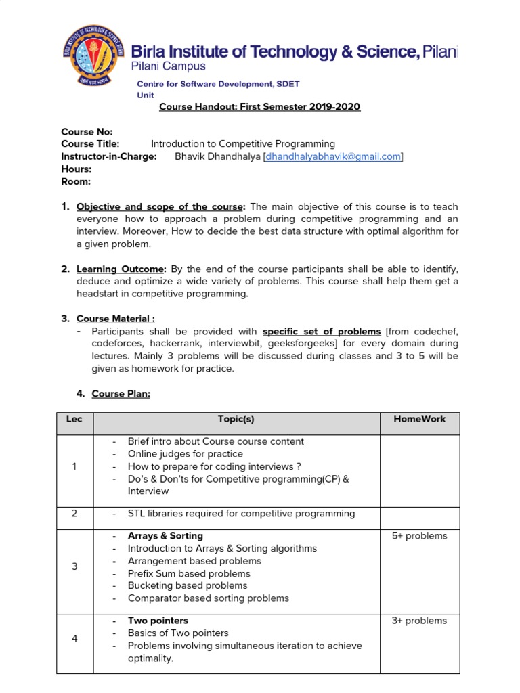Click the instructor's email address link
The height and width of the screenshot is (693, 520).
click(334, 156)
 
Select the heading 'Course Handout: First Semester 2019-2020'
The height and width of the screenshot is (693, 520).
click(259, 107)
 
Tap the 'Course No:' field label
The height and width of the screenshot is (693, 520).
click(87, 132)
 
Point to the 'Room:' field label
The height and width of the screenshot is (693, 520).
click(76, 181)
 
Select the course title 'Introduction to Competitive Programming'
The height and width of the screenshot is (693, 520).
click(242, 144)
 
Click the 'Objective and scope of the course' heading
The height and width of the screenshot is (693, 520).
click(160, 206)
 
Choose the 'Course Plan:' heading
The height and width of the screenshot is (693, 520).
click(121, 394)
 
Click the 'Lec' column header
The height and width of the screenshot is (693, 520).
click(74, 420)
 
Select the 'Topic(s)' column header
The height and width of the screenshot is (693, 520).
click(236, 420)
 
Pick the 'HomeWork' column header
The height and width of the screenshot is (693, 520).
click(419, 420)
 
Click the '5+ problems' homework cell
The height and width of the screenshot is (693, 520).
click(419, 536)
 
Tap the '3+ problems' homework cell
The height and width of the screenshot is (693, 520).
click(419, 621)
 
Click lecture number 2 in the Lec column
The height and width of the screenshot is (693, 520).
click(74, 514)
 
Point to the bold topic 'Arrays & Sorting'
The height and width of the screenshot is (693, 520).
click(165, 536)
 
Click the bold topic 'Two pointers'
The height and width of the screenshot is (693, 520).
click(158, 621)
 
